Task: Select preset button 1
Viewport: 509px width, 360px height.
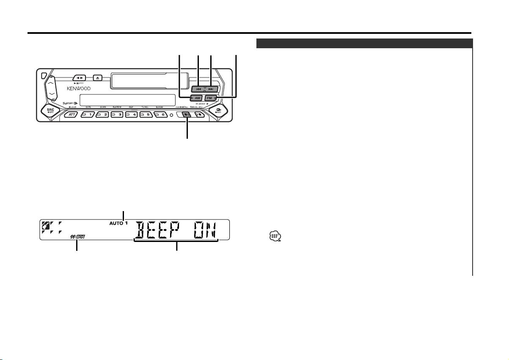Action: coord(88,115)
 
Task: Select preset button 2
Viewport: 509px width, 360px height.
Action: coord(103,115)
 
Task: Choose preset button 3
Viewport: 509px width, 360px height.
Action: coord(118,115)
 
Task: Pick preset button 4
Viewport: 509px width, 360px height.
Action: coord(133,115)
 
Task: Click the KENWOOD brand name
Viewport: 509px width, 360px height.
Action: coord(78,88)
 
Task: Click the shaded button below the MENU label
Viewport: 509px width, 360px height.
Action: coord(186,115)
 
